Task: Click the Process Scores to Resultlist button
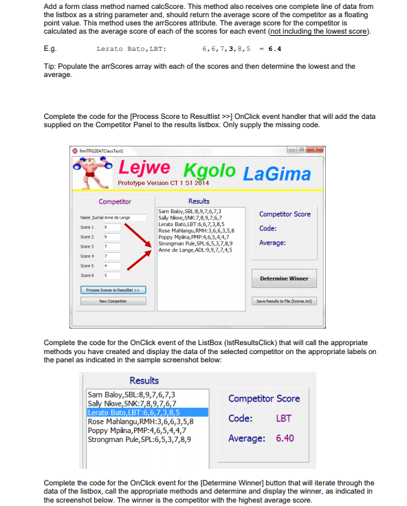113,289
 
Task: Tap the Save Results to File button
285,301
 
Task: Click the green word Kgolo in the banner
208,169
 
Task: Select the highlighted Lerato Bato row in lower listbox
131,412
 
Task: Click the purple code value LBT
283,418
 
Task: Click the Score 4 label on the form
87,256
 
